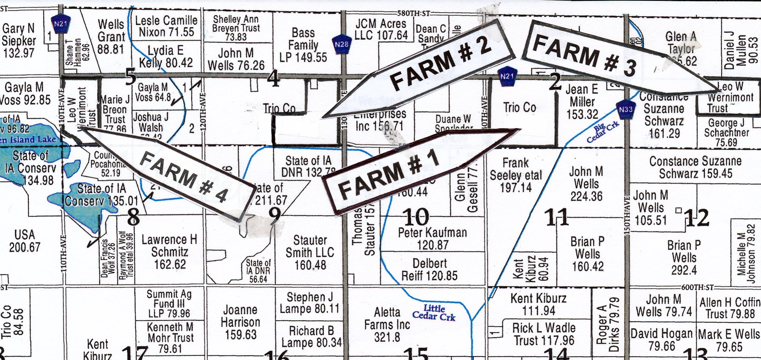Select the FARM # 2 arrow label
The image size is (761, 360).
click(x=440, y=63)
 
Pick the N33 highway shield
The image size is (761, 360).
click(x=626, y=109)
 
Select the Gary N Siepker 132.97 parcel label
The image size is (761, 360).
click(x=19, y=41)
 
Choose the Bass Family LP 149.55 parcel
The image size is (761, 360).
click(x=303, y=45)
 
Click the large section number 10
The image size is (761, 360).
click(x=416, y=217)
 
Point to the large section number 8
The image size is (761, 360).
click(x=133, y=217)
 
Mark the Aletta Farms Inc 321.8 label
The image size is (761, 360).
click(x=387, y=325)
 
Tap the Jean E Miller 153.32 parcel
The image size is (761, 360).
click(x=582, y=102)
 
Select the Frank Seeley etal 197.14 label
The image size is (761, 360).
click(x=516, y=175)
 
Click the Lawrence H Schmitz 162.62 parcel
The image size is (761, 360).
click(x=169, y=252)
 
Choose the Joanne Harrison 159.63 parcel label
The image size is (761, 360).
click(x=240, y=322)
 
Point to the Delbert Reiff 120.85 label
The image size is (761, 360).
click(x=430, y=270)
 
